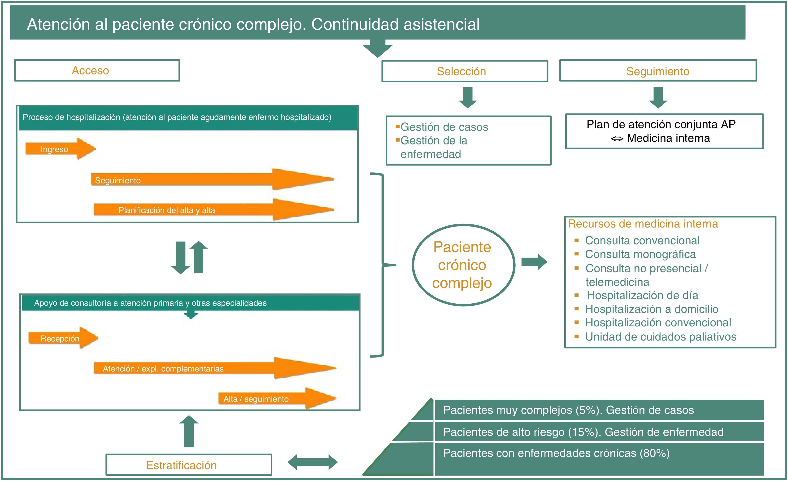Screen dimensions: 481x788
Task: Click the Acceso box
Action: click(x=97, y=70)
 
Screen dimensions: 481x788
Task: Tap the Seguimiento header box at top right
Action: click(x=658, y=71)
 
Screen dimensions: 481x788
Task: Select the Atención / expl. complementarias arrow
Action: click(x=214, y=368)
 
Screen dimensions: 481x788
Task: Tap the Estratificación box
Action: click(x=189, y=465)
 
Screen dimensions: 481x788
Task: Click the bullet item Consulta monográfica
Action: click(x=640, y=254)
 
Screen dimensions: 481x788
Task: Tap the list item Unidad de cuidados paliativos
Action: click(x=660, y=337)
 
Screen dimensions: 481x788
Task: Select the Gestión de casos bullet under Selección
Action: click(x=444, y=127)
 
